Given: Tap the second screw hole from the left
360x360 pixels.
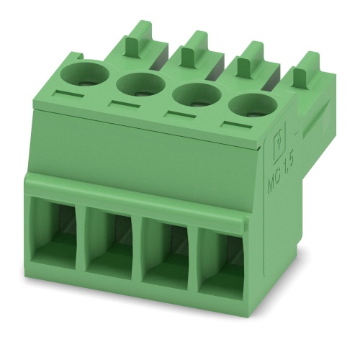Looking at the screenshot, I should click(138, 84).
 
